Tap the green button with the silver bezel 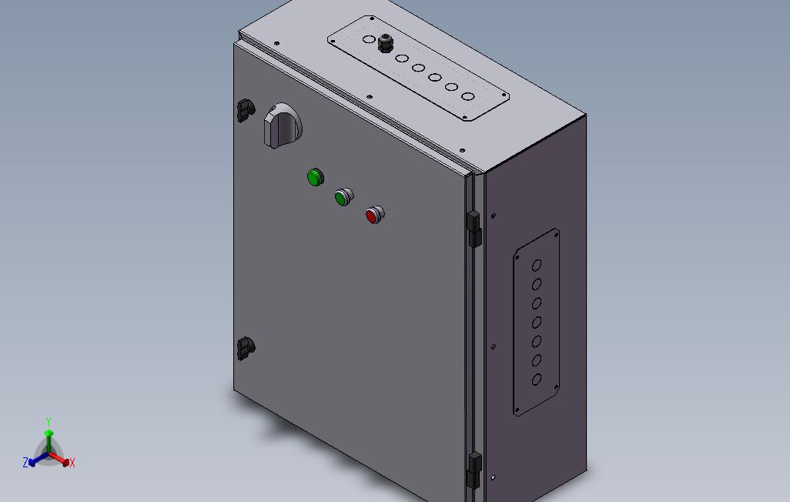pos(343,197)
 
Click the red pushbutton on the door pos(373,215)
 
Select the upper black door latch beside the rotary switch pos(245,109)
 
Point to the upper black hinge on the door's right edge pos(474,229)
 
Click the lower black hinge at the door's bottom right pos(474,469)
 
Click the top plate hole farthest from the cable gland pos(467,97)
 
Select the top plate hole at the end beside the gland pos(369,38)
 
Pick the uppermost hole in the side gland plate pos(537,265)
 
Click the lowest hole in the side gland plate pos(537,380)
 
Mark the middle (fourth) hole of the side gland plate pos(537,322)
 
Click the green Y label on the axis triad pos(49,422)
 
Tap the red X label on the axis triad pos(72,463)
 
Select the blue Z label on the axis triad pos(25,463)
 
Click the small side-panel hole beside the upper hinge pos(494,216)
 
